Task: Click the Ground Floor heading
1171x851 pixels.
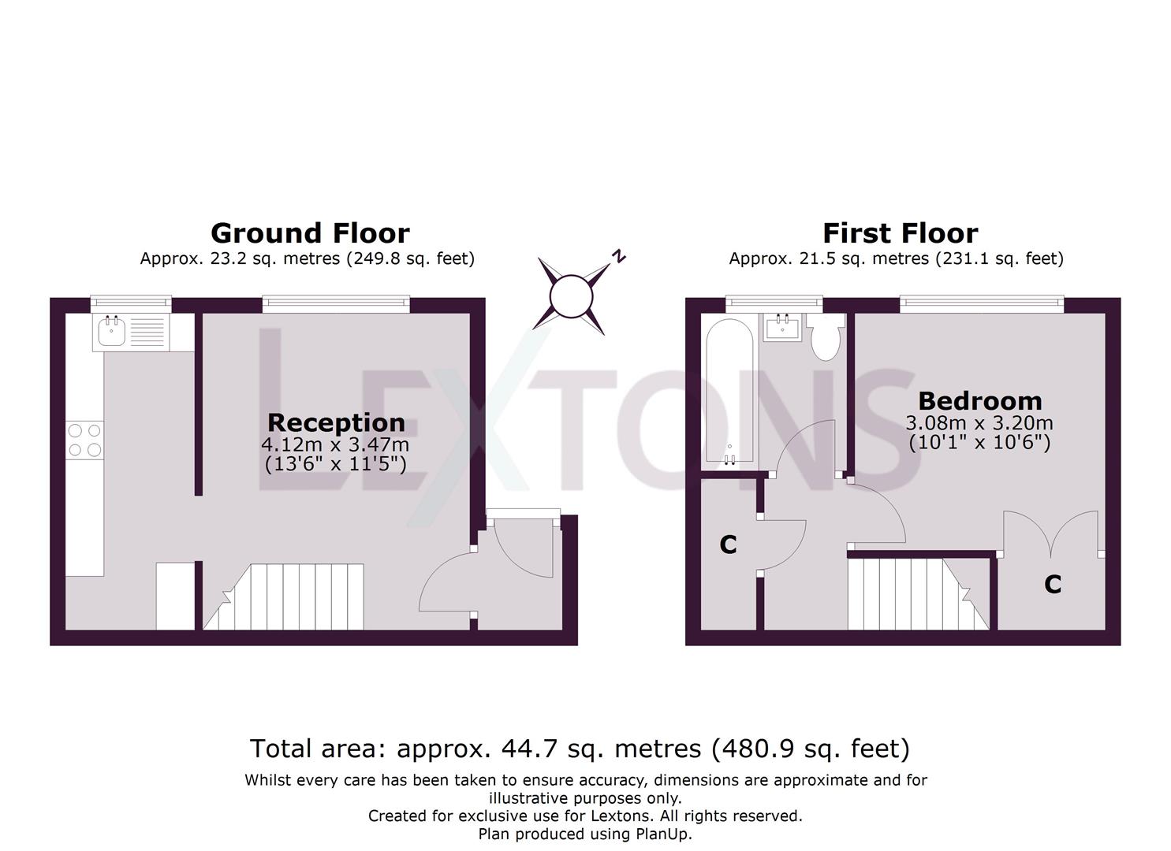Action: (x=310, y=233)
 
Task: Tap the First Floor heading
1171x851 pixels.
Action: (x=900, y=233)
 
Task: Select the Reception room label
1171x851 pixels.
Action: (x=336, y=422)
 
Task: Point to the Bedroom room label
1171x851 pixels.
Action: (x=979, y=401)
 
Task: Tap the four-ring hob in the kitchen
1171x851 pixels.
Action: (x=84, y=440)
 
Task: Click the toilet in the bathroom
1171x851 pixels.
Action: (x=826, y=337)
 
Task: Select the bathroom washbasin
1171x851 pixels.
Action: (x=783, y=326)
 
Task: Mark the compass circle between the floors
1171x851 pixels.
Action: (x=570, y=297)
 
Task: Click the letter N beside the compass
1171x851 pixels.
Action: (x=620, y=255)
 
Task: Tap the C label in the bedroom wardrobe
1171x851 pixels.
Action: (x=1053, y=585)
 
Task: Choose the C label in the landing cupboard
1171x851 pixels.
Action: (x=728, y=544)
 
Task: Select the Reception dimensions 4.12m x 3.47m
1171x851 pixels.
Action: (x=335, y=445)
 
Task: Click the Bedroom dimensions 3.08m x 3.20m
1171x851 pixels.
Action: (x=979, y=423)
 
